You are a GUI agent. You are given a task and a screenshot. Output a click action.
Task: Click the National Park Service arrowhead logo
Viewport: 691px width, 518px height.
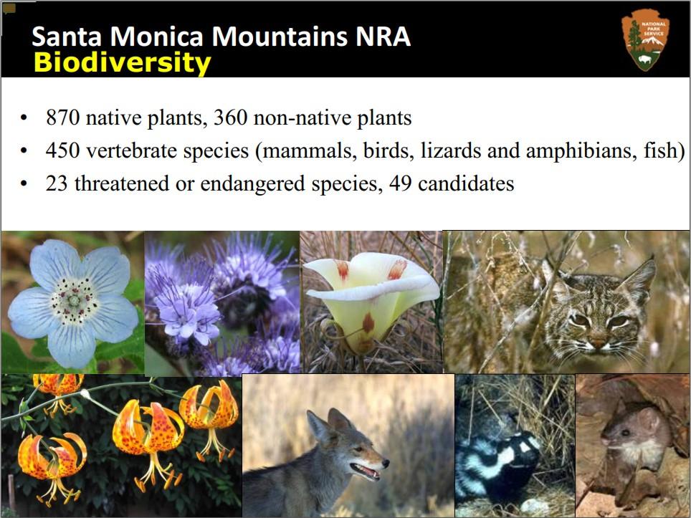646,39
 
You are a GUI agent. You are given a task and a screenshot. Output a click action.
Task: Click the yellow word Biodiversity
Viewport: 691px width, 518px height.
123,62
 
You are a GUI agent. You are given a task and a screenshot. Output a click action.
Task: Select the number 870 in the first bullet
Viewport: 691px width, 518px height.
62,117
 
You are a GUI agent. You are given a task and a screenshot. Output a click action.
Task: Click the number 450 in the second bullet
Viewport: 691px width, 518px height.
62,150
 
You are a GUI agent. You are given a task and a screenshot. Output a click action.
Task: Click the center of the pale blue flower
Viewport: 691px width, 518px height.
74,302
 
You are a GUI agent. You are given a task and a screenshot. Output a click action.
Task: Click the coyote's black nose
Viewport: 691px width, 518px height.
386,463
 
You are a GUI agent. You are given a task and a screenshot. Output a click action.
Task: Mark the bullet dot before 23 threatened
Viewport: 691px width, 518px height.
24,183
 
